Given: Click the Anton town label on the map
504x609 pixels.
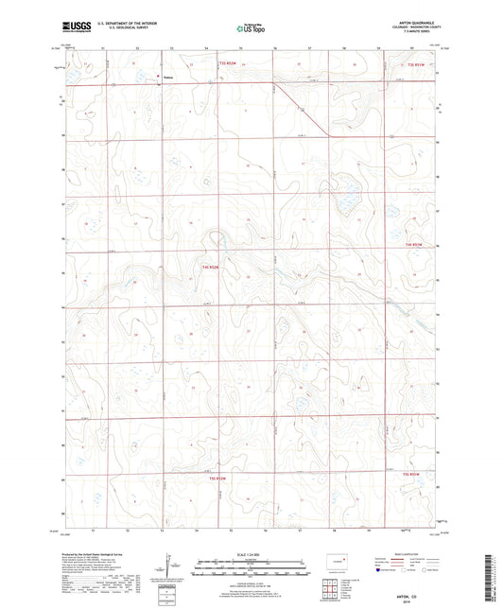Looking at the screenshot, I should point(167,78).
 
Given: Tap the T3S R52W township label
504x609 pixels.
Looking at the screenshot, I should point(224,63).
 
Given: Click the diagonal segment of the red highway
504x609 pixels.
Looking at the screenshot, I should point(303,109).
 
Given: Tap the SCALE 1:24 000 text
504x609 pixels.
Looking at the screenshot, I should point(250,552).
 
